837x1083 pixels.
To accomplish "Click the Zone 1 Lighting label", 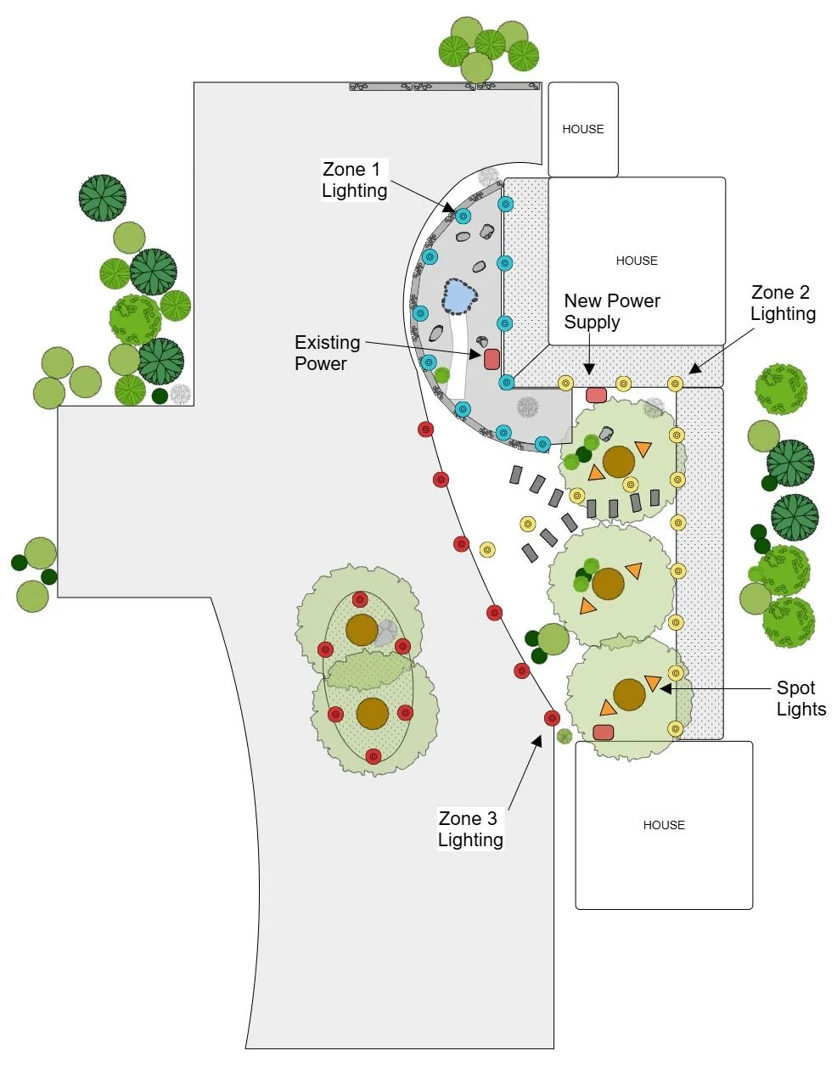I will click(354, 180).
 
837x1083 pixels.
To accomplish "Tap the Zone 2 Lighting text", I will click(783, 303).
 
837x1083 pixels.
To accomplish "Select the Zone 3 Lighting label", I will click(470, 829).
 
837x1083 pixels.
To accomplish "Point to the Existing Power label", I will click(327, 353).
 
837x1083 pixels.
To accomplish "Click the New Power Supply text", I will click(611, 311).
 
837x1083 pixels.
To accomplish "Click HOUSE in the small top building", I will click(583, 129).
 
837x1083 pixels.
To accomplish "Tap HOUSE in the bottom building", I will click(664, 825).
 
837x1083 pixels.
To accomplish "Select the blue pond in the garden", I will click(459, 296).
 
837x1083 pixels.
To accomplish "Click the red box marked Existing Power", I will click(492, 359).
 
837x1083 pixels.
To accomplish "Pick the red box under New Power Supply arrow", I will click(596, 396).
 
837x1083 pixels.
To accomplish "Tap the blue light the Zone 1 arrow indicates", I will click(463, 216).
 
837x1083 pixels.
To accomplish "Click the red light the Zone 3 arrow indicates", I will click(552, 718).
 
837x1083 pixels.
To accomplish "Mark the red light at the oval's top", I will click(360, 600).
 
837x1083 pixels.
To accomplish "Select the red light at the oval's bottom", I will click(373, 755).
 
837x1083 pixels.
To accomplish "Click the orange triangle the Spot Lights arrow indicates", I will click(652, 682).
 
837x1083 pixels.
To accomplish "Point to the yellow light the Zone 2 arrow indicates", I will click(676, 384).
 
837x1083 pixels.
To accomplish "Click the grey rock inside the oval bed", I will click(387, 632).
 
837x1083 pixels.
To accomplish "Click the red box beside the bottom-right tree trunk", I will click(604, 732).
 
